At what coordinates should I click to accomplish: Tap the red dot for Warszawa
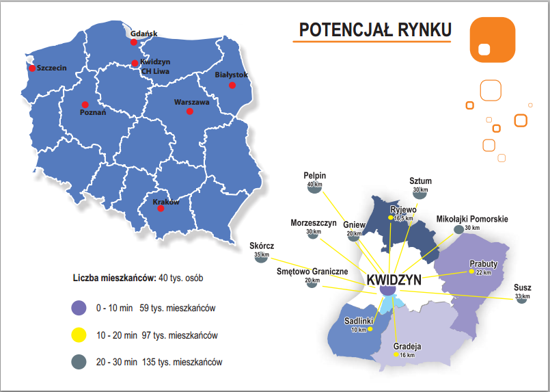190,112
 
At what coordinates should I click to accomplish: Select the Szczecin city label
52,68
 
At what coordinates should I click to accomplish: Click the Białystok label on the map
231,75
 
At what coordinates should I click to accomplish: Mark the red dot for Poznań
85,104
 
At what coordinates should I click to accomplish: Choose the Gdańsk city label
143,34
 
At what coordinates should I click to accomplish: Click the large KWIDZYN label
394,280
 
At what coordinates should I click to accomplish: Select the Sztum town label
420,181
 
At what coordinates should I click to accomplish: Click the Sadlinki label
359,321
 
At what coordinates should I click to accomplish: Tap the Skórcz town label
261,246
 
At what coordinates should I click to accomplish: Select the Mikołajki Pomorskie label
472,219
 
